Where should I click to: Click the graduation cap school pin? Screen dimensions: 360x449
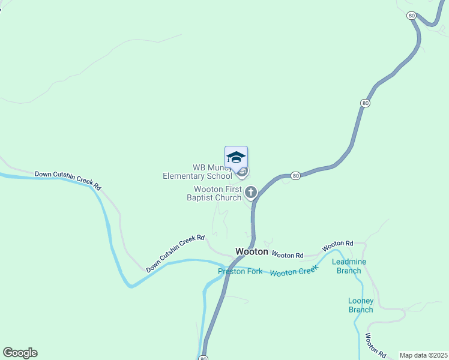click(236, 158)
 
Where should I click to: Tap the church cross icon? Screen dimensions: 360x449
click(251, 193)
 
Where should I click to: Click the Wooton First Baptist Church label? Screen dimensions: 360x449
click(214, 193)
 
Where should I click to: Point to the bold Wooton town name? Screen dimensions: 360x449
click(252, 251)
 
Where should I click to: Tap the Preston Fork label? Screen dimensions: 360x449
click(240, 272)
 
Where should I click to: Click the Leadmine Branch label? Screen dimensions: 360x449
click(349, 266)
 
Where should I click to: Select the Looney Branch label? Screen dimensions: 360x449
click(361, 305)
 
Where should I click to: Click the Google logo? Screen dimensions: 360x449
click(20, 353)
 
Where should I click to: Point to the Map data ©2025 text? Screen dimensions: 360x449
click(423, 355)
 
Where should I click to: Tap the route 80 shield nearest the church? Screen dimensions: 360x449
click(295, 176)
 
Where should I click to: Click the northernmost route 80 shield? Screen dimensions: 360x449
click(411, 16)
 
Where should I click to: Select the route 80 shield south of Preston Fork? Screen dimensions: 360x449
click(203, 358)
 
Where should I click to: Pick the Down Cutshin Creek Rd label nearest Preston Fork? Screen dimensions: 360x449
click(176, 253)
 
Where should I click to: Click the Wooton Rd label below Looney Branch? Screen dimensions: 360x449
click(375, 345)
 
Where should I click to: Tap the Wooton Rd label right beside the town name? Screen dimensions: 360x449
click(288, 254)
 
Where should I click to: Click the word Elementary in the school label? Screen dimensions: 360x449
click(185, 176)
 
